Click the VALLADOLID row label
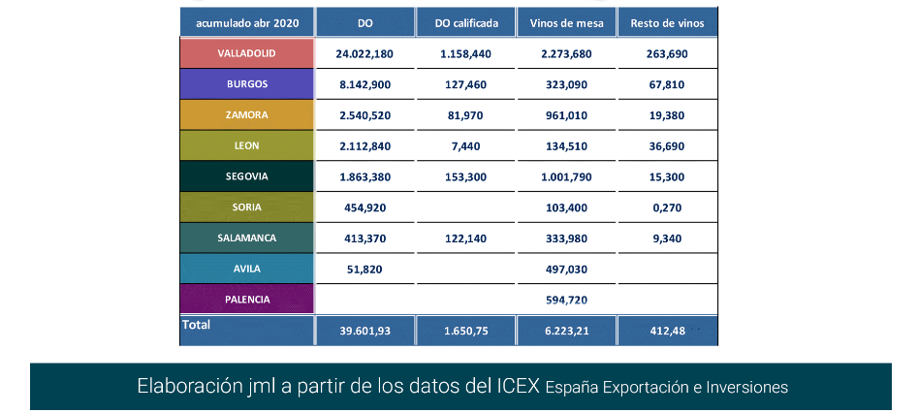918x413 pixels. (x=246, y=53)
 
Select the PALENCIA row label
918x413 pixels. (x=246, y=300)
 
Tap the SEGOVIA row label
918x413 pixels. (x=246, y=176)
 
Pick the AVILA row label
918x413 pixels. (x=246, y=269)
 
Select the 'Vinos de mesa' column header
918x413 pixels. (x=566, y=22)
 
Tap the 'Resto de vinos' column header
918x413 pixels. (x=667, y=22)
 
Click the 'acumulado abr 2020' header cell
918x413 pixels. (x=246, y=22)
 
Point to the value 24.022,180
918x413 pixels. (x=364, y=53)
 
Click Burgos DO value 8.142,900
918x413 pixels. (x=364, y=84)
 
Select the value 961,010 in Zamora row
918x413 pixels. (x=566, y=115)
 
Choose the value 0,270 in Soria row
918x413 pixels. (x=667, y=207)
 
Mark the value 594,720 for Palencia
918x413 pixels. (x=566, y=300)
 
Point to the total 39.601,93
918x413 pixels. (x=364, y=332)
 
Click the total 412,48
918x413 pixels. (x=667, y=332)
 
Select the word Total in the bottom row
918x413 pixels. (x=196, y=326)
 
